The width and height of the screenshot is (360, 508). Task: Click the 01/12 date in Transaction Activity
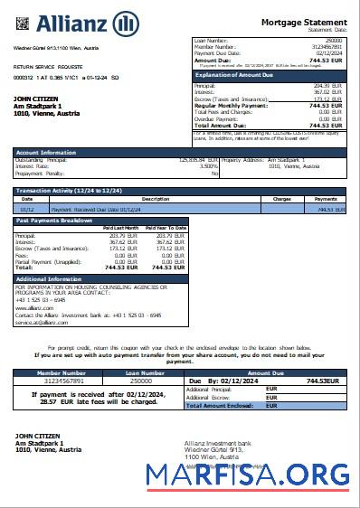(28, 209)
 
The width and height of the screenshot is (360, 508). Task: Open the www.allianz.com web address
(33, 307)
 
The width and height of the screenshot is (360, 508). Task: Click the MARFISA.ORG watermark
(272, 473)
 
